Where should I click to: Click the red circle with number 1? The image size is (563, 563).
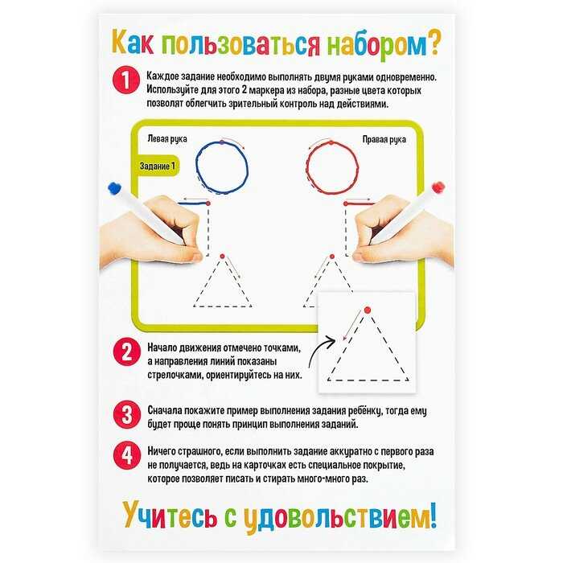126,80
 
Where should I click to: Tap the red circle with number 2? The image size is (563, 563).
127,352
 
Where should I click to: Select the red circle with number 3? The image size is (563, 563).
127,415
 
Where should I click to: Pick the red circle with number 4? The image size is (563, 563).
127,456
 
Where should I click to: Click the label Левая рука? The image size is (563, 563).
167,139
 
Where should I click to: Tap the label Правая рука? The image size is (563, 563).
384,140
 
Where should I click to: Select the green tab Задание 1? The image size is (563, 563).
158,166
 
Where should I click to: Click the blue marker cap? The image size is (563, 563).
114,188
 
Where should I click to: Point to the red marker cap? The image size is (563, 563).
438,187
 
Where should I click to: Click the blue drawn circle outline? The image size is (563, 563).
196,167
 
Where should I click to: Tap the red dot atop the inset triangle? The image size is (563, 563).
367,310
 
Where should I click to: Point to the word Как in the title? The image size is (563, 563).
132,43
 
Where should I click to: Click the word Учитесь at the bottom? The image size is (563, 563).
170,517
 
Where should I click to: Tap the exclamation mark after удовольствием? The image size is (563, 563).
434,516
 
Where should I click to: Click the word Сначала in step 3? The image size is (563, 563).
166,410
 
